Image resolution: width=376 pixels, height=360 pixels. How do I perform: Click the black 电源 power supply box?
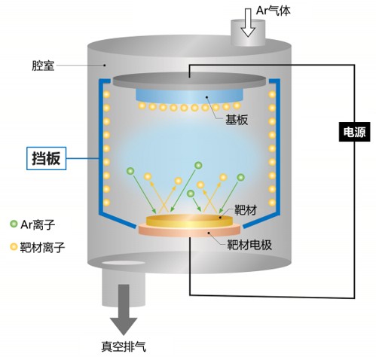coord(354,132)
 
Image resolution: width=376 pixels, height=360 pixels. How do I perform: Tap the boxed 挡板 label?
coord(47,158)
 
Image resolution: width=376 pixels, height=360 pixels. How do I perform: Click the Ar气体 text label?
coord(274,11)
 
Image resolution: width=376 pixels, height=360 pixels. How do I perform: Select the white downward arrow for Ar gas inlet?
coord(248,23)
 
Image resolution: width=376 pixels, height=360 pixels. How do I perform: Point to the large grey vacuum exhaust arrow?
coord(124,310)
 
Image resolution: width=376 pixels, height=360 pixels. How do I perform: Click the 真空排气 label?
coord(124,346)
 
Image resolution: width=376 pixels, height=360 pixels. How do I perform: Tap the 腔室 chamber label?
coord(43,66)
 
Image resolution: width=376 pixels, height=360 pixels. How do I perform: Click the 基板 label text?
coord(237,120)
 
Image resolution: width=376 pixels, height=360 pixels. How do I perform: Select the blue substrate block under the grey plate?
coord(189,96)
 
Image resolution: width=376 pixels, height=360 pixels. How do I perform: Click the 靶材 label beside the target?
coord(246,210)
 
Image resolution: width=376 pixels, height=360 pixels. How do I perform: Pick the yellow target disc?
coord(189,221)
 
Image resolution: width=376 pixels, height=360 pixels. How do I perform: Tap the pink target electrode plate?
coord(189,230)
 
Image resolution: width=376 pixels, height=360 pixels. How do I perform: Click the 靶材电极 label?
coord(249,244)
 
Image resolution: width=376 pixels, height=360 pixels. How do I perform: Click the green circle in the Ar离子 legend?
coord(14,224)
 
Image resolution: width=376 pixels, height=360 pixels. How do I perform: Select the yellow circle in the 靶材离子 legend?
coord(14,247)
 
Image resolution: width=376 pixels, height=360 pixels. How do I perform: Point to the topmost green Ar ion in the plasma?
coord(198,165)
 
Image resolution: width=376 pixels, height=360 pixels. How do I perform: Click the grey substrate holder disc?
coord(189,81)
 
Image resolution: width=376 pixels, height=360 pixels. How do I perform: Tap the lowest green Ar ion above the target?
coord(191,194)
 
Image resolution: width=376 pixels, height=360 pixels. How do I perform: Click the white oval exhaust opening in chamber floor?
coord(123,263)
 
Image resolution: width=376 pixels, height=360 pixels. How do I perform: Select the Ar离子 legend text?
coord(38,224)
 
